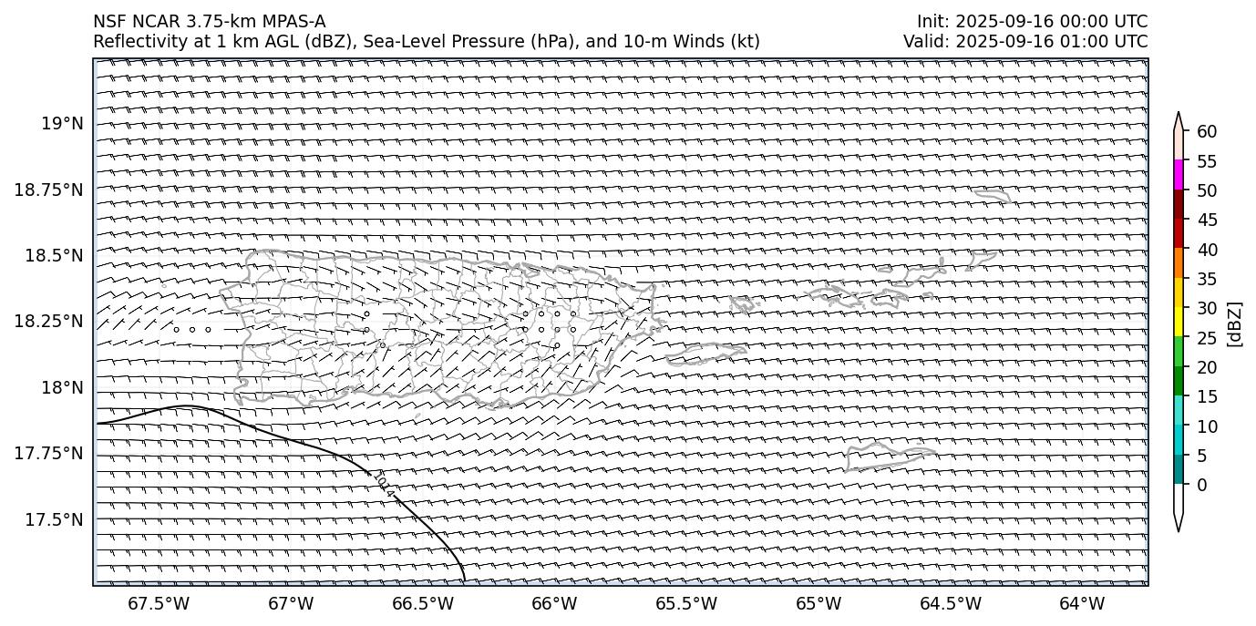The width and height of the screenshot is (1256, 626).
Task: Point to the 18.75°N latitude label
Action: (49, 190)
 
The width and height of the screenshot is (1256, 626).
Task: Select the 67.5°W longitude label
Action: (159, 603)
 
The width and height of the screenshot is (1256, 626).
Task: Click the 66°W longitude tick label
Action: (554, 603)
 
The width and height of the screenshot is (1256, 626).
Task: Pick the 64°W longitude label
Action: (1082, 603)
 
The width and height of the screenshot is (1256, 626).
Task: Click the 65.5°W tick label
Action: (686, 603)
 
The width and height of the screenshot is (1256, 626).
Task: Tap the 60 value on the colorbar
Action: (1207, 132)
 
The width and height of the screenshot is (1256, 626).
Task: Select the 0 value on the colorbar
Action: (1202, 485)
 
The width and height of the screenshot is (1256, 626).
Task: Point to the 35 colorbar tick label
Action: (1207, 279)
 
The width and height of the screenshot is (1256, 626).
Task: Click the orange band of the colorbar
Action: (1179, 263)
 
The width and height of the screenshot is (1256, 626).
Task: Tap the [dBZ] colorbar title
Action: (1236, 323)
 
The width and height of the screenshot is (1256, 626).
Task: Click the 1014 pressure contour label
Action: (385, 485)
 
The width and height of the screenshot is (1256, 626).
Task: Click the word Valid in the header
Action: (922, 41)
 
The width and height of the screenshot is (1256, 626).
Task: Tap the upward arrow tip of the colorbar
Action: (1179, 115)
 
